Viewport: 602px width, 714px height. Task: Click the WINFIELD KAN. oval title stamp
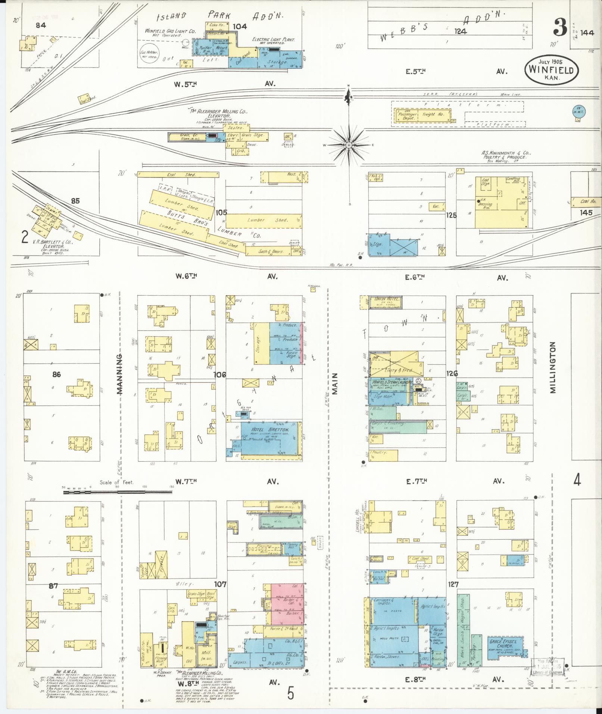[551, 71]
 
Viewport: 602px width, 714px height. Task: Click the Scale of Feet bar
[118, 492]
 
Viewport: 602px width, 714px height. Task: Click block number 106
[219, 374]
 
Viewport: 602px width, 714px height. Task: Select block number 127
[453, 595]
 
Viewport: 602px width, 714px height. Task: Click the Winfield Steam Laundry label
[390, 382]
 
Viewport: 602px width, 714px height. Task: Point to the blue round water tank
[578, 111]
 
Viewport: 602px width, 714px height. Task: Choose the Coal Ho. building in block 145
[587, 201]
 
